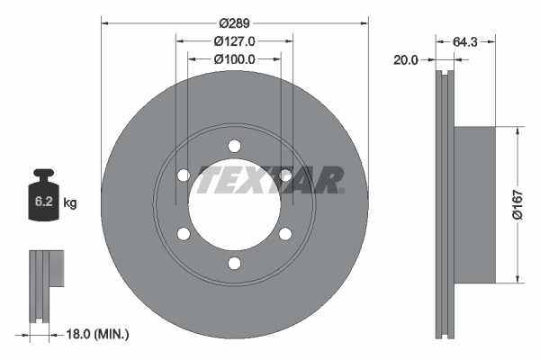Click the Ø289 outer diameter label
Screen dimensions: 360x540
pos(234,22)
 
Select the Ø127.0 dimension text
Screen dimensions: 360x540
pos(234,40)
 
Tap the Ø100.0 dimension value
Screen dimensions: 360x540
pos(234,58)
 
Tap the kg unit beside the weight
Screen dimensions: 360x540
pos(71,203)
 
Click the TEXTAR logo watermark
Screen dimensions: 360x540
pos(270,179)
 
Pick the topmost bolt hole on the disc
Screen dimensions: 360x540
pos(234,146)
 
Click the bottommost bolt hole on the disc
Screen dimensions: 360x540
pos(234,263)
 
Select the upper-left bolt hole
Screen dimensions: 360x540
pos(184,175)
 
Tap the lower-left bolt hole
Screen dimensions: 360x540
pos(184,234)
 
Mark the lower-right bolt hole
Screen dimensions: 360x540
pos(285,234)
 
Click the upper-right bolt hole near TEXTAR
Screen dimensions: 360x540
pos(285,175)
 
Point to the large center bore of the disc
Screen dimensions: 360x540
pos(234,205)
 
